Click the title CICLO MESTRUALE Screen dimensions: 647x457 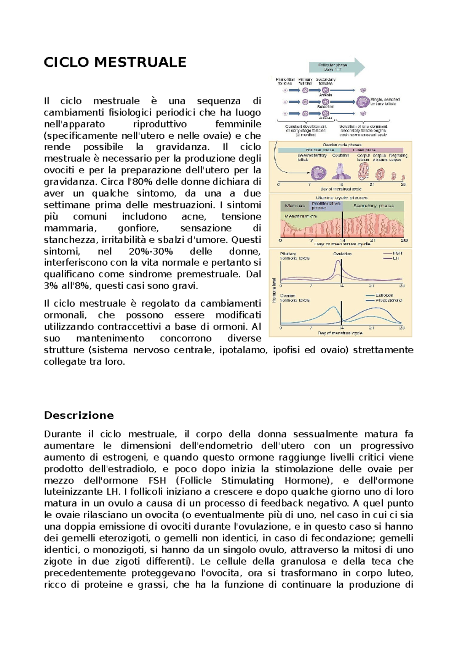pyautogui.click(x=115, y=62)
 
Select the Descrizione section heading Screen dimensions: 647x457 pyautogui.click(x=79, y=415)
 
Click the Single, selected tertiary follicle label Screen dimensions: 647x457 pyautogui.click(x=385, y=101)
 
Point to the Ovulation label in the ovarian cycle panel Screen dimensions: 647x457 pyautogui.click(x=340, y=155)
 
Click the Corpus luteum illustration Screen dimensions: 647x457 pyautogui.click(x=363, y=171)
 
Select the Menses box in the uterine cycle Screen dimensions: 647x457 pyautogui.click(x=295, y=206)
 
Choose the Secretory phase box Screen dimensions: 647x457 pyautogui.click(x=373, y=206)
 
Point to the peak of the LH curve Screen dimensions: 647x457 pyautogui.click(x=339, y=261)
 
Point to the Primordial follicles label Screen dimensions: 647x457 pyautogui.click(x=285, y=81)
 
